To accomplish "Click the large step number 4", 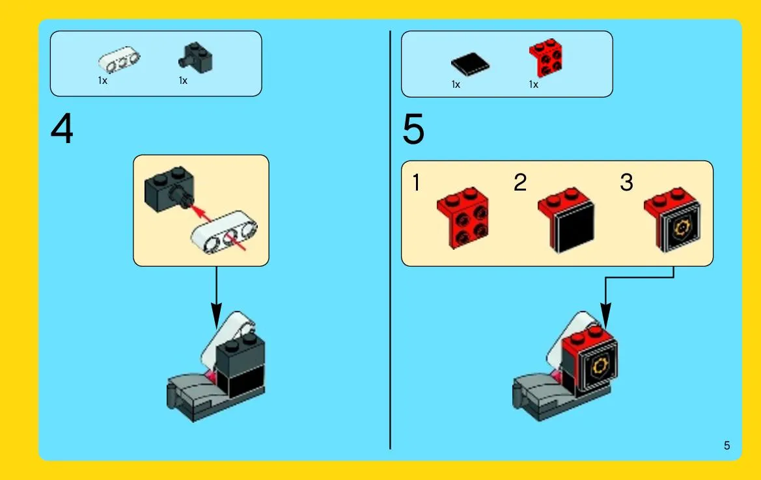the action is [x=62, y=129].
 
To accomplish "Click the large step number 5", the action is [x=413, y=129].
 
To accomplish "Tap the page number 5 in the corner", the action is [x=726, y=446].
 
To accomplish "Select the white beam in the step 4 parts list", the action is [x=119, y=60].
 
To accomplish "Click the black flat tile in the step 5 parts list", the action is [x=470, y=64].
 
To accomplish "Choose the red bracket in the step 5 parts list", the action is [x=546, y=57].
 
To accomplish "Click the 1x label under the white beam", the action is [x=102, y=81].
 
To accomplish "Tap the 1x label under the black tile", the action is [x=456, y=85].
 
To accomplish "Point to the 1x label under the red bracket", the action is [x=533, y=85].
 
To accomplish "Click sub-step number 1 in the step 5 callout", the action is [x=416, y=183].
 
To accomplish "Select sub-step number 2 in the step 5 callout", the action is [x=519, y=183].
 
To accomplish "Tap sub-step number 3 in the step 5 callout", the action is [x=626, y=183].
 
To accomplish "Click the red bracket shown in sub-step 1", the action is [x=462, y=218].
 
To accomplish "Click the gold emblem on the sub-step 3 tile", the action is [x=682, y=228].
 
